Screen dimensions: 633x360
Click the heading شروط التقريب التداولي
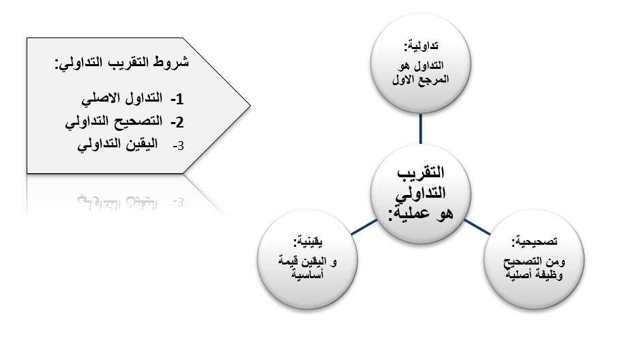click(x=121, y=63)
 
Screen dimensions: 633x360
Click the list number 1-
click(x=177, y=99)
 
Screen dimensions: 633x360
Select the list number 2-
click(x=177, y=122)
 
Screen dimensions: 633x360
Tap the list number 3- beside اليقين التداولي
click(x=179, y=146)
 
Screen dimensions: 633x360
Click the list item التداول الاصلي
click(x=122, y=98)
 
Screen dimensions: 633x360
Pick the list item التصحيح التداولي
click(x=114, y=121)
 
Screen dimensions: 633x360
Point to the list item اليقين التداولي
click(x=117, y=145)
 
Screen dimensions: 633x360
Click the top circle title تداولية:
click(x=421, y=46)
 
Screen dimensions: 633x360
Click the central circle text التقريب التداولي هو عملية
click(x=421, y=193)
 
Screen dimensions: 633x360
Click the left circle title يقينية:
click(x=308, y=241)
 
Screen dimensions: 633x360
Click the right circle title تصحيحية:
click(x=535, y=241)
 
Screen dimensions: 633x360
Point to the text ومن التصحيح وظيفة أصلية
click(x=534, y=268)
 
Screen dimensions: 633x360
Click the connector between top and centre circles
click(x=421, y=129)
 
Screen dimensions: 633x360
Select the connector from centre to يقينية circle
click(x=364, y=227)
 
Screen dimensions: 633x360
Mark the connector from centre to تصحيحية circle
click(x=477, y=227)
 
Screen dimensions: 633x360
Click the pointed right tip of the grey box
click(x=250, y=106)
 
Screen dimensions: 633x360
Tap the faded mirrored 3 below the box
click(x=179, y=202)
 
